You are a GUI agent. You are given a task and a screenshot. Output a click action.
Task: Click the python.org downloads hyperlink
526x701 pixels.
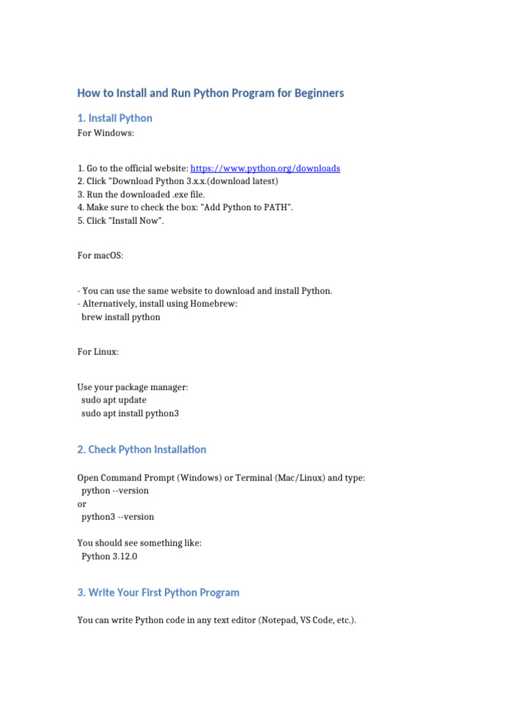pyautogui.click(x=265, y=168)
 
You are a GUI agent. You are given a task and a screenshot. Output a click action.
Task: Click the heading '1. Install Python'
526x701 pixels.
pyautogui.click(x=115, y=118)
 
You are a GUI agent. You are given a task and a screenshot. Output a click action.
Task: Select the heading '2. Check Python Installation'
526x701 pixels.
pyautogui.click(x=142, y=450)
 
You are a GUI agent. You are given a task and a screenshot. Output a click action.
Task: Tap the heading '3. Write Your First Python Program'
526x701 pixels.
pyautogui.click(x=158, y=592)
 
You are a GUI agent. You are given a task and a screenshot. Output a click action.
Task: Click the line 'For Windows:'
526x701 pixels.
pyautogui.click(x=106, y=133)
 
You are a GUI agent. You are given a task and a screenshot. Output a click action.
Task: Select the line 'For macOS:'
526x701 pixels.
pyautogui.click(x=101, y=255)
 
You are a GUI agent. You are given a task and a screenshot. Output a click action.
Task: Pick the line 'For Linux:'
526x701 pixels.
pyautogui.click(x=98, y=352)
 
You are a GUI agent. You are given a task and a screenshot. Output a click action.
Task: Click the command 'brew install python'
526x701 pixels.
pyautogui.click(x=121, y=317)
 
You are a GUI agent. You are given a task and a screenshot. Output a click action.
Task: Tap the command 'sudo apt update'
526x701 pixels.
pyautogui.click(x=114, y=400)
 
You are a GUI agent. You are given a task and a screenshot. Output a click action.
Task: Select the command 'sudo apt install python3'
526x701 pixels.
pyautogui.click(x=130, y=413)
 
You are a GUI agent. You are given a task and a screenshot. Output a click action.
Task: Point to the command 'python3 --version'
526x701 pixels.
pyautogui.click(x=118, y=517)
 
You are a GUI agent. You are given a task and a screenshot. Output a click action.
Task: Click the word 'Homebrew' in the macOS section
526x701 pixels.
pyautogui.click(x=214, y=304)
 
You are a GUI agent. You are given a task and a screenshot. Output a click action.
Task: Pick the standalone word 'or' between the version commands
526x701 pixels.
pyautogui.click(x=82, y=504)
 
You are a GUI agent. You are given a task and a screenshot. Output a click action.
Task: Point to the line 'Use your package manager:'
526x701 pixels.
pyautogui.click(x=133, y=387)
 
